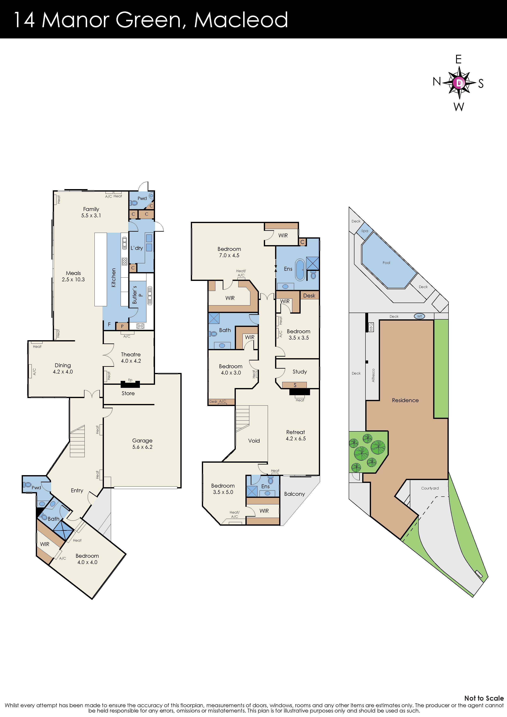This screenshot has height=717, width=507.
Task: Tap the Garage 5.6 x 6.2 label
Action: (142, 443)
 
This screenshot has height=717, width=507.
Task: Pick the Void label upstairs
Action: (254, 441)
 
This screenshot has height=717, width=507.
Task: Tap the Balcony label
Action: (294, 494)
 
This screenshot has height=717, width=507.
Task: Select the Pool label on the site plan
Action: (386, 263)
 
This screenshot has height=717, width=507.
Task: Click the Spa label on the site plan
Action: (364, 231)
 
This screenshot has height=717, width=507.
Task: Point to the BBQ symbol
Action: (371, 327)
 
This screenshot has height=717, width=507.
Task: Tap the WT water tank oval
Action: (419, 316)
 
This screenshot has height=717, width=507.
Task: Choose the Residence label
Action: (405, 400)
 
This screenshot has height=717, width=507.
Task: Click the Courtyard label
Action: (430, 488)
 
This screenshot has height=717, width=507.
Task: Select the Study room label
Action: (300, 372)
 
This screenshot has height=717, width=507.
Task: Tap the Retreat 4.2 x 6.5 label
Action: (296, 435)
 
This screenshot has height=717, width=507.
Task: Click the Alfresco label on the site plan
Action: (373, 375)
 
